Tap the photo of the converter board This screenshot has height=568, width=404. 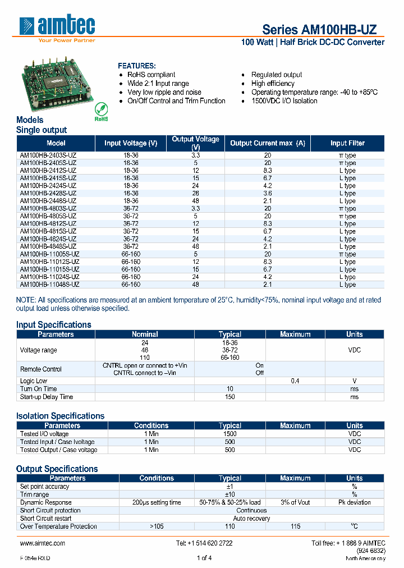(57, 84)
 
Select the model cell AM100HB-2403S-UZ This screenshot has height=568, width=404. (48, 155)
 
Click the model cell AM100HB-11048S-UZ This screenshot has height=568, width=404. (49, 285)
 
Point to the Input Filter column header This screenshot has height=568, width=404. (347, 143)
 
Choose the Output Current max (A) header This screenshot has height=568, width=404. (268, 143)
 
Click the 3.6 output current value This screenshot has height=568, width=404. (268, 194)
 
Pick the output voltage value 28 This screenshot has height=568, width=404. (195, 194)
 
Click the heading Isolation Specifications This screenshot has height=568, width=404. (60, 416)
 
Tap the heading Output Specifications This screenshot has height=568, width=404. (57, 469)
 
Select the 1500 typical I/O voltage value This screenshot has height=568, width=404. (230, 434)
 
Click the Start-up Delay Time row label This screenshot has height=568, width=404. (47, 397)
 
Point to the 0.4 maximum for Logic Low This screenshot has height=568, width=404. (295, 381)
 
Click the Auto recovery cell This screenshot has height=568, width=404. (251, 519)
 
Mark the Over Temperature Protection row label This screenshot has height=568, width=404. (58, 526)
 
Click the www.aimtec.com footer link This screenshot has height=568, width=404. (43, 543)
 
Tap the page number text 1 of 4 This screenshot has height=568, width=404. (204, 558)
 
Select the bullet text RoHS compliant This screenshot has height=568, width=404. (151, 75)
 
